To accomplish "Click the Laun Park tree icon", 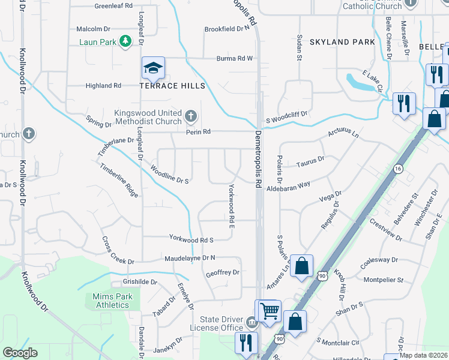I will click(x=125, y=41).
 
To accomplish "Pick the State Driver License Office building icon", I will click(x=251, y=324).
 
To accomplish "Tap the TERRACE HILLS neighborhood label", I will click(x=172, y=86).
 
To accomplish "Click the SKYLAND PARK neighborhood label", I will click(x=342, y=42).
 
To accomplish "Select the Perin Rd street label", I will click(x=198, y=131).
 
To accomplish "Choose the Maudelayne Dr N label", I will click(x=190, y=258).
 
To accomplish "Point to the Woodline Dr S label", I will click(x=170, y=175).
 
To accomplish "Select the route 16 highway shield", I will click(x=397, y=169).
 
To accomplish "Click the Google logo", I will click(x=20, y=352).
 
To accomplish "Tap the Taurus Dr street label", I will click(x=310, y=161).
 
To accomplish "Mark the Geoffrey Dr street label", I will click(x=222, y=272).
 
